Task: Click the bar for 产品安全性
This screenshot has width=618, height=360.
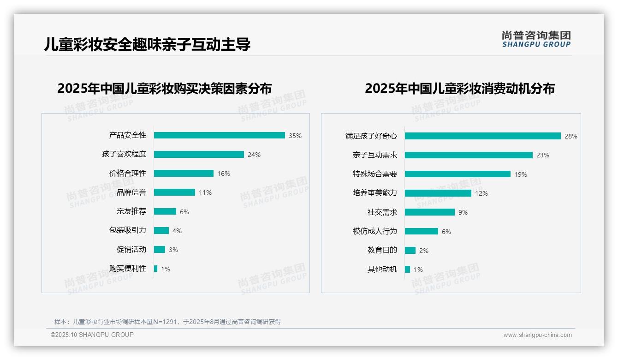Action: pyautogui.click(x=219, y=135)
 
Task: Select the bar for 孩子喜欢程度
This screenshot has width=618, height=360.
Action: pyautogui.click(x=199, y=155)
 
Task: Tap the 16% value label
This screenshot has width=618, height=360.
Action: pyautogui.click(x=224, y=174)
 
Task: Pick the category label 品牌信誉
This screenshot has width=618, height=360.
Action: pyautogui.click(x=131, y=192)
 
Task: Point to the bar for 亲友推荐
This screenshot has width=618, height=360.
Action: pyautogui.click(x=165, y=211)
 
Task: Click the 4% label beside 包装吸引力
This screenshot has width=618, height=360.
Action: pyautogui.click(x=177, y=231)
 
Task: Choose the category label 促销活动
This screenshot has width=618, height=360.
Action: pyautogui.click(x=131, y=250)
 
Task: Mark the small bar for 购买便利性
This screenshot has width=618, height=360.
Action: pyautogui.click(x=156, y=269)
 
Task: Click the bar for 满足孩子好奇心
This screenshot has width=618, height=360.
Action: pyautogui.click(x=482, y=136)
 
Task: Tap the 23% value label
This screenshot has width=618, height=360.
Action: pyautogui.click(x=543, y=156)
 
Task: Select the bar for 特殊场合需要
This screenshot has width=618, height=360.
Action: pyautogui.click(x=458, y=174)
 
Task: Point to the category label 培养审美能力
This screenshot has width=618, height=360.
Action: pyautogui.click(x=375, y=193)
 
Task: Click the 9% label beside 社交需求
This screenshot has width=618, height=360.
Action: pyautogui.click(x=463, y=212)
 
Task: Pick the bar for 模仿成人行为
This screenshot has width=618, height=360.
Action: pyautogui.click(x=422, y=231)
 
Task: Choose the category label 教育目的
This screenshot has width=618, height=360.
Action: pyautogui.click(x=382, y=250)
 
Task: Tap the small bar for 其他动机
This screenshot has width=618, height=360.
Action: pyautogui.click(x=407, y=269)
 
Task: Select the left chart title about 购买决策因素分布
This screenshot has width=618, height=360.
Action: pyautogui.click(x=165, y=88)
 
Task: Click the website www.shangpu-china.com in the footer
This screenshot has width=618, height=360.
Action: pyautogui.click(x=537, y=335)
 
